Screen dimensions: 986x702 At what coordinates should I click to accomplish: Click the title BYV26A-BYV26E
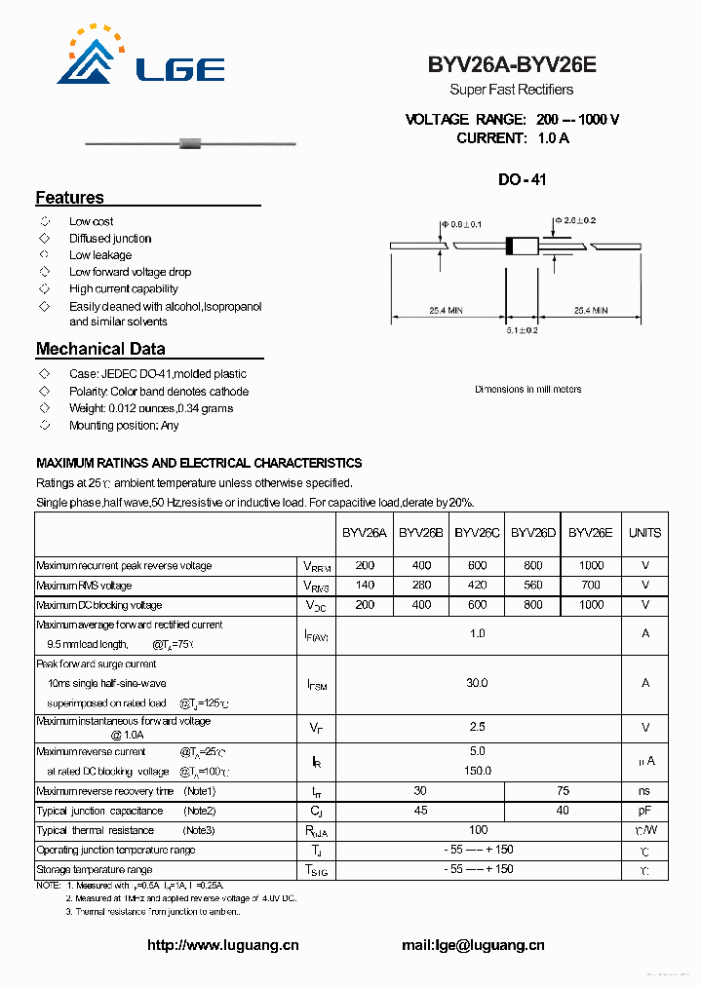click(511, 65)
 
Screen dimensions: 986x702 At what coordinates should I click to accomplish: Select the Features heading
click(70, 198)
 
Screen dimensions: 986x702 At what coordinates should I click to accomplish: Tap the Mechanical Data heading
click(100, 349)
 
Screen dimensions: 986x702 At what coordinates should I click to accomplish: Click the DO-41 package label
click(522, 180)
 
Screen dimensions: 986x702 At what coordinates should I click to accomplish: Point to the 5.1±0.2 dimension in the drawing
click(522, 330)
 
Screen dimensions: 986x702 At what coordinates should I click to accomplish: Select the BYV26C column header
click(477, 533)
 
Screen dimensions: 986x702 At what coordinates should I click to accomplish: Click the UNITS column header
click(644, 533)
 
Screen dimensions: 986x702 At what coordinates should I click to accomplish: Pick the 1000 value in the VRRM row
click(590, 566)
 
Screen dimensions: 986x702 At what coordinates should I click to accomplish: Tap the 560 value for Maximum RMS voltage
click(533, 586)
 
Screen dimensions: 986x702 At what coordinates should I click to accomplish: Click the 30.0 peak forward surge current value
click(477, 684)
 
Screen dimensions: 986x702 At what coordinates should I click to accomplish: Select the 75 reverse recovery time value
click(563, 791)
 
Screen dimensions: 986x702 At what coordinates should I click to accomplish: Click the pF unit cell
click(644, 811)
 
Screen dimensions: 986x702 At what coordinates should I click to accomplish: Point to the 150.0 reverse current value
click(477, 771)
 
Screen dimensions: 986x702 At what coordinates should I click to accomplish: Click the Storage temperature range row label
click(95, 869)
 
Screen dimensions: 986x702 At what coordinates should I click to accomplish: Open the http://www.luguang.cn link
click(223, 945)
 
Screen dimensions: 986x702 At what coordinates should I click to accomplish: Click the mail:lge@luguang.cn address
click(473, 945)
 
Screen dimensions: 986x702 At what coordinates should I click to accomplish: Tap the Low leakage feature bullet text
click(100, 255)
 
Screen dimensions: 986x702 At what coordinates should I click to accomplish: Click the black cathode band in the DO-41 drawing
click(509, 246)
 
